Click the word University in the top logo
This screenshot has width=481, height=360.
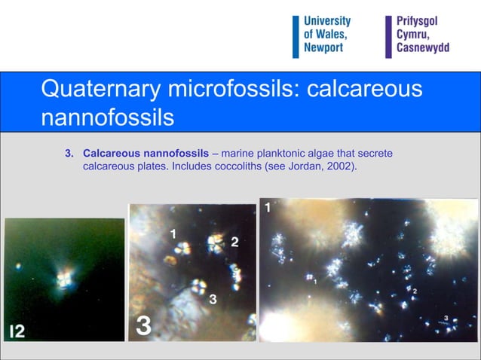[x=326, y=21]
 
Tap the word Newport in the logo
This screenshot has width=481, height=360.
[x=323, y=47]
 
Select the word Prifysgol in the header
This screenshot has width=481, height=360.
[x=417, y=21]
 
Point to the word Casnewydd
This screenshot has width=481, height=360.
[x=422, y=47]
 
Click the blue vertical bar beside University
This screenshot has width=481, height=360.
[x=296, y=35]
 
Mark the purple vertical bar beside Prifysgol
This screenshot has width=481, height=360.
[x=389, y=35]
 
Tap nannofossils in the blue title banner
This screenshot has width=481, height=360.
[x=107, y=118]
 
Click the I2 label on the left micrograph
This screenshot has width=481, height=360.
[x=16, y=331]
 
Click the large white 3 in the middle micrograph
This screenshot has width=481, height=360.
[x=143, y=326]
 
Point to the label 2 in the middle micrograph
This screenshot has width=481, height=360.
[x=234, y=242]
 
